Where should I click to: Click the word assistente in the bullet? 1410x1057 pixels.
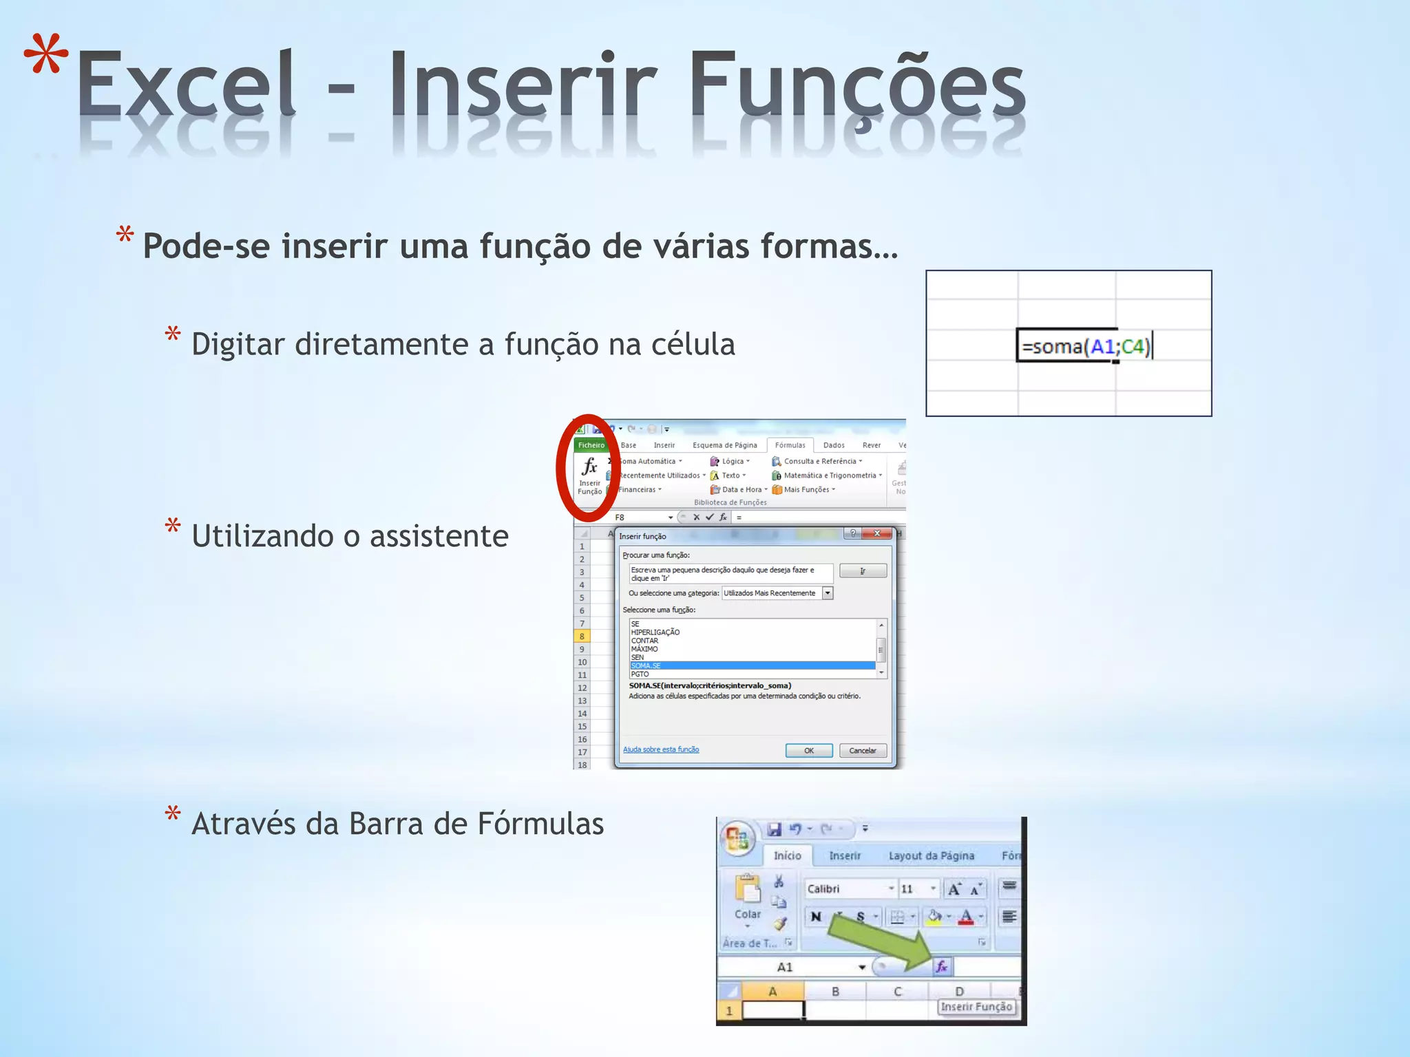(x=439, y=536)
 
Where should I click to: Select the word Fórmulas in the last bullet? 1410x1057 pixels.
(x=540, y=824)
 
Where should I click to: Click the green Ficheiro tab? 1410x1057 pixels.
(x=591, y=445)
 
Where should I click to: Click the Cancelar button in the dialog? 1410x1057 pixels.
(x=862, y=750)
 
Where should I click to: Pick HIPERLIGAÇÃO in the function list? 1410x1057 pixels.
(x=655, y=632)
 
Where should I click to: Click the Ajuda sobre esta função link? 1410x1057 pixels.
(x=660, y=749)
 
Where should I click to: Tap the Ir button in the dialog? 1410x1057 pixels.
(x=862, y=571)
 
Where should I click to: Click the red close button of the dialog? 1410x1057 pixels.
(x=876, y=533)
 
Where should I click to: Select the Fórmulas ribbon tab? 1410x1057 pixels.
(x=790, y=445)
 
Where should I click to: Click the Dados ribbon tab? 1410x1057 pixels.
(x=833, y=445)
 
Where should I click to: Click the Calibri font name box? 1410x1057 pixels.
(x=847, y=889)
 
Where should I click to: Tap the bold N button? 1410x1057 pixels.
(x=816, y=917)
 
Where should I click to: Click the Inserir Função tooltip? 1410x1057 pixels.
(x=976, y=1007)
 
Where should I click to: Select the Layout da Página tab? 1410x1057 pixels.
(x=931, y=856)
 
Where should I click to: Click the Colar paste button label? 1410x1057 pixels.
(x=747, y=915)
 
